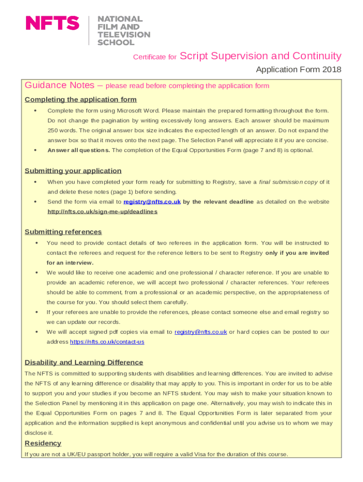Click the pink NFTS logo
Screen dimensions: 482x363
point(52,23)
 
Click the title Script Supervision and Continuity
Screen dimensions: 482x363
point(261,56)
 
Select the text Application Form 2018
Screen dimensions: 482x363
point(298,70)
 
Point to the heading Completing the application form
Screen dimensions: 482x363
point(81,99)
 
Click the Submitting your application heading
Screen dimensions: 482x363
point(73,170)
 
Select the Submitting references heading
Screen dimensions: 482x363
point(63,232)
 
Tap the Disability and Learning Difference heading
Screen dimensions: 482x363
point(83,362)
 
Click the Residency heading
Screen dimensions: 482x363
point(43,443)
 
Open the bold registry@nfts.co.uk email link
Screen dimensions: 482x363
point(152,202)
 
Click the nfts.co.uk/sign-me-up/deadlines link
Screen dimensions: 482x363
point(102,212)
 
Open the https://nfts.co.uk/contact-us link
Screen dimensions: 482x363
point(107,342)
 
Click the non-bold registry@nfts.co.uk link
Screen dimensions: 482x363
point(200,332)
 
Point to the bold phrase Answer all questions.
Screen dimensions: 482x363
point(79,150)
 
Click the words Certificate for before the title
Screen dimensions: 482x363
point(155,57)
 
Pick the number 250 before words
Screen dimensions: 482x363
point(53,130)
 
